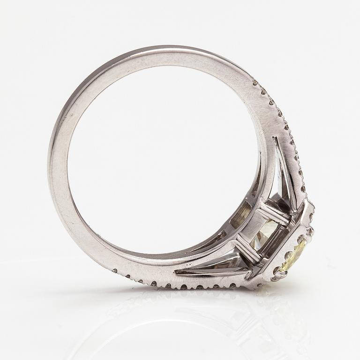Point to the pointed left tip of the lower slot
(176, 271)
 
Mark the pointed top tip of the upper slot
(276, 139)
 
